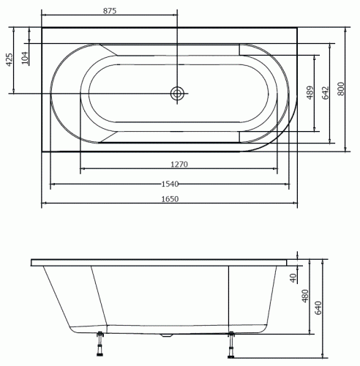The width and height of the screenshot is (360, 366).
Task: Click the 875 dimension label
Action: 110,11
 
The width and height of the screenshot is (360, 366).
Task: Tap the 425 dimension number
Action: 10,60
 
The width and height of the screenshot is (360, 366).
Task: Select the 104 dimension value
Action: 25,58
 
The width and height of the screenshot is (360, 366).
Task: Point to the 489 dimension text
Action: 310,93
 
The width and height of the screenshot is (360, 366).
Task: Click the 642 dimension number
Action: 326,93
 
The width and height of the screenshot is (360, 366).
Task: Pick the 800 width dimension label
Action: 341,89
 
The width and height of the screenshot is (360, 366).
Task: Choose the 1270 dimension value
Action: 179,164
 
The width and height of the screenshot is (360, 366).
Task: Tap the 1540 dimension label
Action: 170,184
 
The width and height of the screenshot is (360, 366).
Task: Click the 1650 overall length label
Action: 170,199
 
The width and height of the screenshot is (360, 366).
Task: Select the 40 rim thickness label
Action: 293,278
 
